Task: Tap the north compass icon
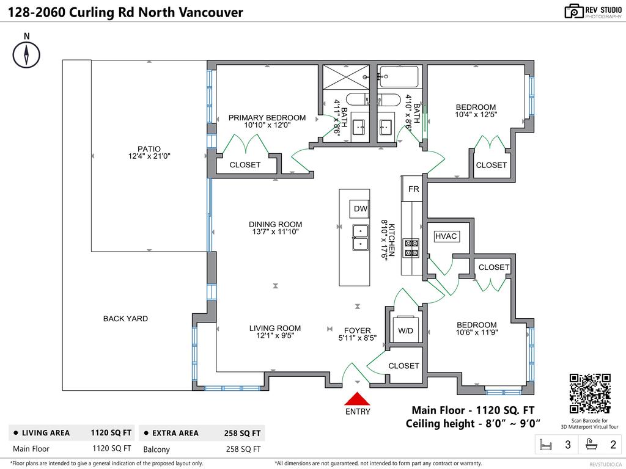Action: [26, 56]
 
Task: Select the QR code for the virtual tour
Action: [590, 394]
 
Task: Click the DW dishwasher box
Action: [360, 209]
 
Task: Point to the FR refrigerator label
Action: [414, 189]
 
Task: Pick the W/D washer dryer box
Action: [405, 330]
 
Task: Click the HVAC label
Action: [446, 236]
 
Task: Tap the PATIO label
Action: [149, 148]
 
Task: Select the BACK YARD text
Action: [125, 318]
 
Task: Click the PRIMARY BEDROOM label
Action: [267, 118]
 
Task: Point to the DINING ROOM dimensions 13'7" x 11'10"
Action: [275, 232]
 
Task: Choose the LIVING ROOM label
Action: [275, 328]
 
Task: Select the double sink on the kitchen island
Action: [360, 238]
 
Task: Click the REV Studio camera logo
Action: [573, 11]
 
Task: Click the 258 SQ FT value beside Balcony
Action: [243, 449]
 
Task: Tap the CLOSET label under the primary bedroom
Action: [245, 165]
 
